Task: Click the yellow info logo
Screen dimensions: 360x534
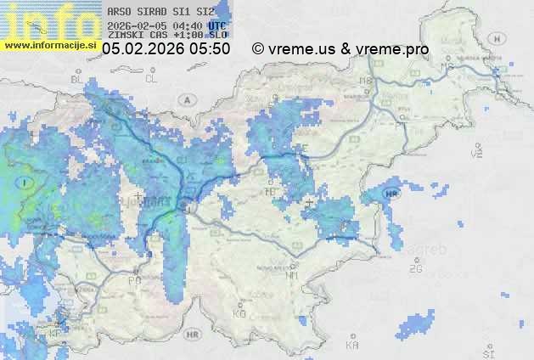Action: [49, 21]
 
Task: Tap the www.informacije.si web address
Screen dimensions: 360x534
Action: [50, 45]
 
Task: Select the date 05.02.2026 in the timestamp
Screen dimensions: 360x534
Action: [144, 49]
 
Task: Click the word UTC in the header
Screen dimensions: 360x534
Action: [217, 25]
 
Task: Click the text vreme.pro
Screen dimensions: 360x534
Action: [392, 49]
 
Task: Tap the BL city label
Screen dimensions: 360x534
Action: [78, 79]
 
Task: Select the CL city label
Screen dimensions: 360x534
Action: [152, 79]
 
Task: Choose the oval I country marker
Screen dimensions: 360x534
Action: [26, 182]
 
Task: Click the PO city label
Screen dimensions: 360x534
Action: [134, 280]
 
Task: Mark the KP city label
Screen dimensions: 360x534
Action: [56, 333]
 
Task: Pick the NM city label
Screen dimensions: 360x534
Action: [293, 275]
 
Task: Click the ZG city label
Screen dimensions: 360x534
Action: [415, 269]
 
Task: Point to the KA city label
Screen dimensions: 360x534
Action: [352, 346]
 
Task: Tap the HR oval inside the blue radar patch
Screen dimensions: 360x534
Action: [391, 194]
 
